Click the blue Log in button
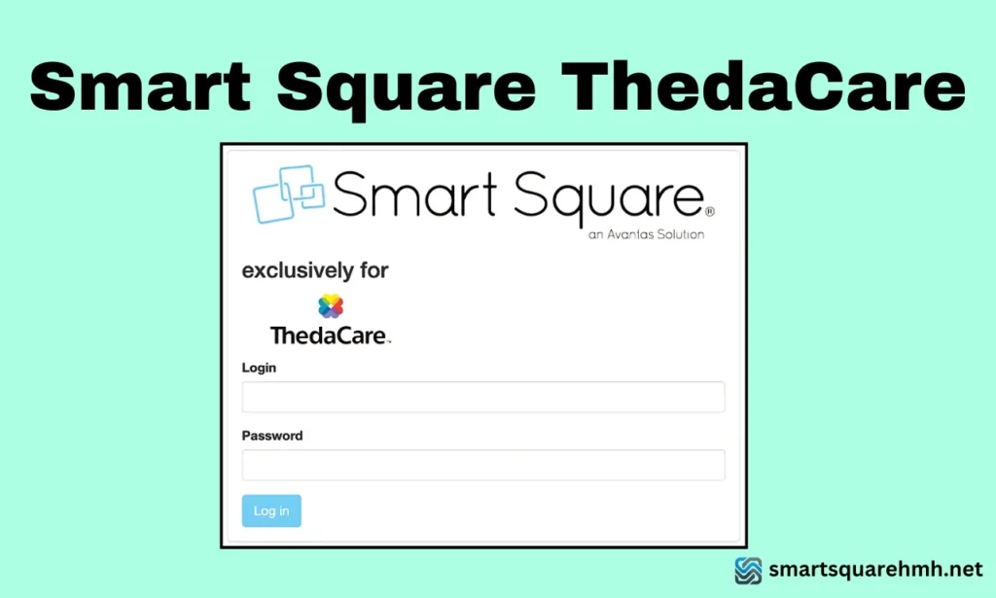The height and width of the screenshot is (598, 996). (x=271, y=511)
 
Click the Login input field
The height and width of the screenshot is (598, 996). (x=483, y=397)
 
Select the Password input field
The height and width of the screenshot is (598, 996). (x=483, y=465)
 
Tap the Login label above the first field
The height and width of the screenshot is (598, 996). (x=259, y=368)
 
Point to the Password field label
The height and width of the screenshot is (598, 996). (x=272, y=436)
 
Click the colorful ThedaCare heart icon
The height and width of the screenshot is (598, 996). (x=331, y=306)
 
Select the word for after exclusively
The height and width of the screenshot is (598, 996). (x=374, y=269)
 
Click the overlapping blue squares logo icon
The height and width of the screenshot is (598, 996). (x=289, y=194)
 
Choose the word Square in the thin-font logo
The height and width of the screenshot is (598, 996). (x=609, y=197)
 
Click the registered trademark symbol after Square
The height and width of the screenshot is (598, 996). (x=710, y=211)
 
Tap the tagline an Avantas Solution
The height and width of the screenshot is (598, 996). (x=647, y=234)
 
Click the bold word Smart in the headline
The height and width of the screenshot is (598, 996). (x=141, y=87)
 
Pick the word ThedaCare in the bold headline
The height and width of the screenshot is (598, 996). (x=764, y=87)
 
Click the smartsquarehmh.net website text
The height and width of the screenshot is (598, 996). (x=875, y=569)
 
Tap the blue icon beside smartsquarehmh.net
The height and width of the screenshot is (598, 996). (x=748, y=570)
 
